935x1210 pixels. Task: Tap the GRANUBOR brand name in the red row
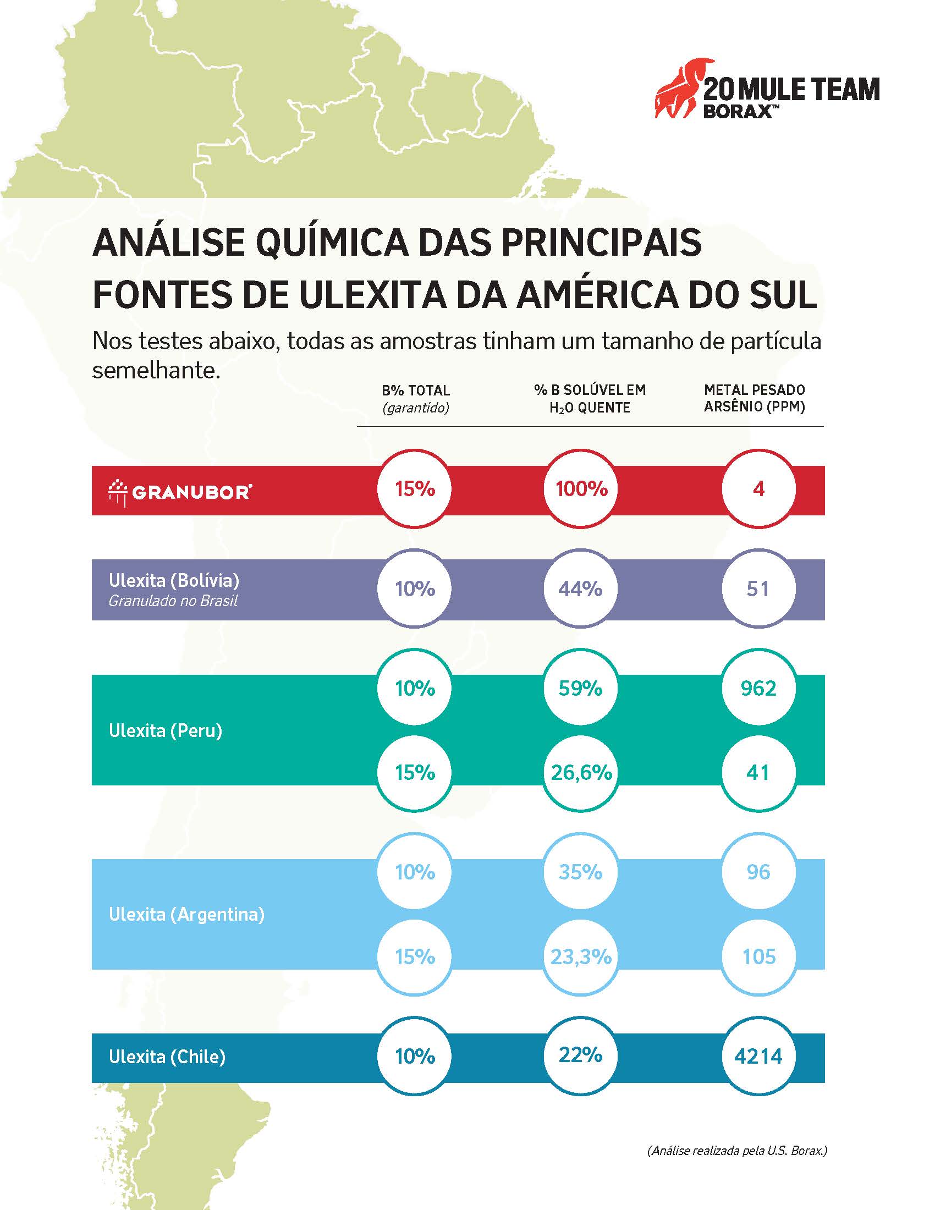tap(191, 491)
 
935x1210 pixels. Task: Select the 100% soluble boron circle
tap(581, 489)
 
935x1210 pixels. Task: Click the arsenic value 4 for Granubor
tap(758, 489)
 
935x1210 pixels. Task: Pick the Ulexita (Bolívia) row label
tap(174, 580)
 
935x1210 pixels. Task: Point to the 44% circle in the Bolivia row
tap(580, 588)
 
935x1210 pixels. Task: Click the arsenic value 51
tap(758, 588)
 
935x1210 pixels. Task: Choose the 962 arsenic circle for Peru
tap(758, 688)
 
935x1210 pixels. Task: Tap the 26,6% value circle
tap(581, 772)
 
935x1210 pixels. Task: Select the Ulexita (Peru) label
tap(166, 730)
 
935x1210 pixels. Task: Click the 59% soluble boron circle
tap(580, 688)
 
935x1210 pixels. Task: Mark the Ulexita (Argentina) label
tap(186, 914)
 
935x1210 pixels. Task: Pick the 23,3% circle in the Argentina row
tap(581, 956)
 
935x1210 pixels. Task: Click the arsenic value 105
tap(758, 956)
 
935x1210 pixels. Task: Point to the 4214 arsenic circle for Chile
tap(758, 1056)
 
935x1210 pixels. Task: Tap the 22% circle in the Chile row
tap(580, 1055)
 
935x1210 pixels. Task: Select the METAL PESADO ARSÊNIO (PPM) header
tap(755, 398)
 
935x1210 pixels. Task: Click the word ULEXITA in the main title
tap(372, 295)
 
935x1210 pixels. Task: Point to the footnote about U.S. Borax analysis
tap(736, 1150)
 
